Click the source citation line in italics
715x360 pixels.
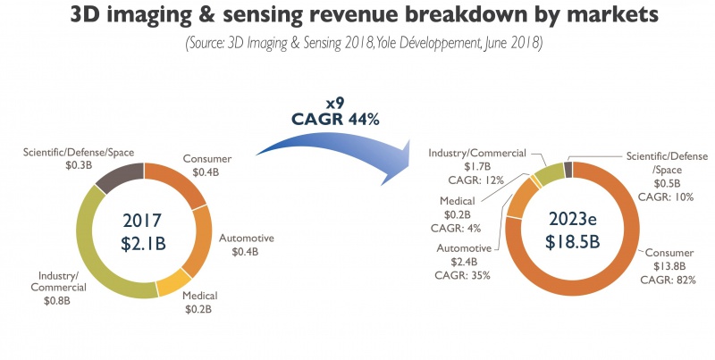[x=357, y=43]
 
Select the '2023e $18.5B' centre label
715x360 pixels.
[x=573, y=230]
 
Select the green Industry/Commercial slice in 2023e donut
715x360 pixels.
[x=548, y=172]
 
